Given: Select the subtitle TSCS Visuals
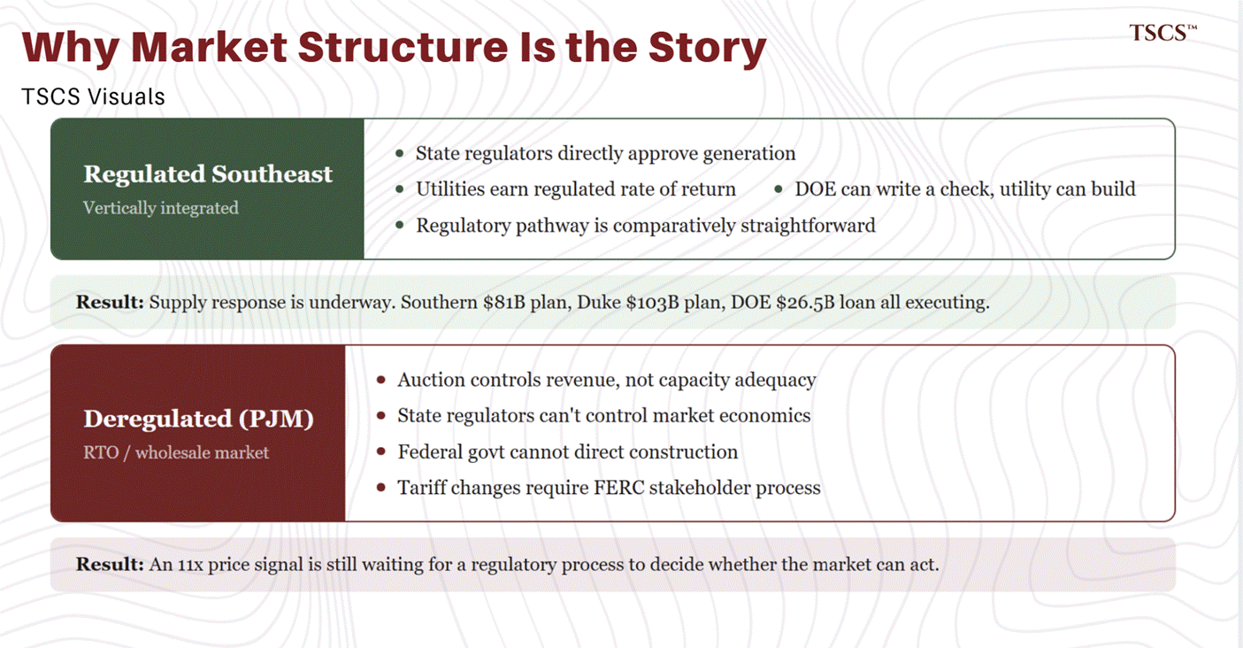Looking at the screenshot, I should pos(94,96).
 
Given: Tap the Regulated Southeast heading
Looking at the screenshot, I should pos(208,174).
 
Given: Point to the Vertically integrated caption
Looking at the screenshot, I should pos(161,208).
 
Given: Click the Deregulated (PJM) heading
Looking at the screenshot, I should pos(198,419).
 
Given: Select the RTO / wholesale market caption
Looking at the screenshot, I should pos(176,452).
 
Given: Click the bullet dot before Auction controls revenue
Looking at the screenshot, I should pos(381,381).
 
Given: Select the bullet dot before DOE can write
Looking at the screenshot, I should pos(779,189).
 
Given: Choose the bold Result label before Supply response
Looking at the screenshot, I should pos(110,302).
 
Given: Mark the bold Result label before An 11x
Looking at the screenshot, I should pos(110,564).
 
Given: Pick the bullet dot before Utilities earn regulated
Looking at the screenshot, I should pos(400,189).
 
